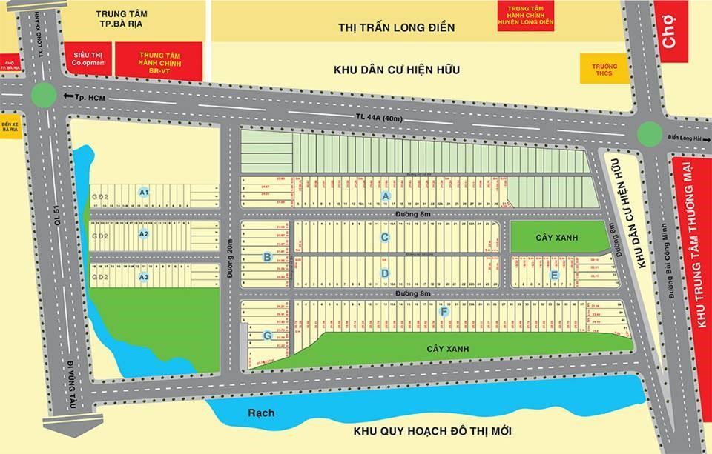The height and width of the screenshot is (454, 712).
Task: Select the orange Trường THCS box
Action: pos(599,70)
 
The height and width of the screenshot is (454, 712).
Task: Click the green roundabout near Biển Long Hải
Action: pos(650,133)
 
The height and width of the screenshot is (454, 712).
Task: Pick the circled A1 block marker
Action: pos(145,192)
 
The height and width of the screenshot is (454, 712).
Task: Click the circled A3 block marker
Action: pos(145,277)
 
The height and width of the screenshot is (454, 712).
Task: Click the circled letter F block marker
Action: pos(444,312)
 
